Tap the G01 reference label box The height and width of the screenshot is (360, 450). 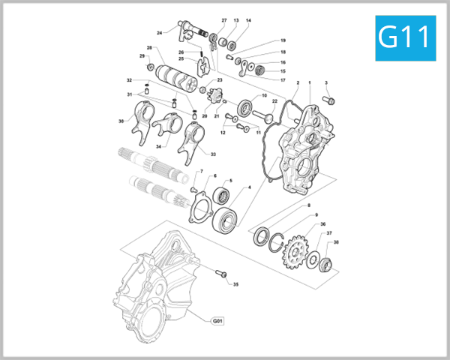pos(217,321)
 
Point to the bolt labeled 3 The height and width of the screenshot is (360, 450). pos(330,99)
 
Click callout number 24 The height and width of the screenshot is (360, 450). pos(160,33)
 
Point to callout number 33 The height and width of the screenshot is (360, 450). pos(213,154)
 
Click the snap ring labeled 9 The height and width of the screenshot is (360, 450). pos(278,244)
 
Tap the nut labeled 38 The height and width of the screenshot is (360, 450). pos(325,264)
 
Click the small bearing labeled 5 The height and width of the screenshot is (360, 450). pos(223,196)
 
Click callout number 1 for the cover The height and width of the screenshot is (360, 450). pos(310,82)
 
